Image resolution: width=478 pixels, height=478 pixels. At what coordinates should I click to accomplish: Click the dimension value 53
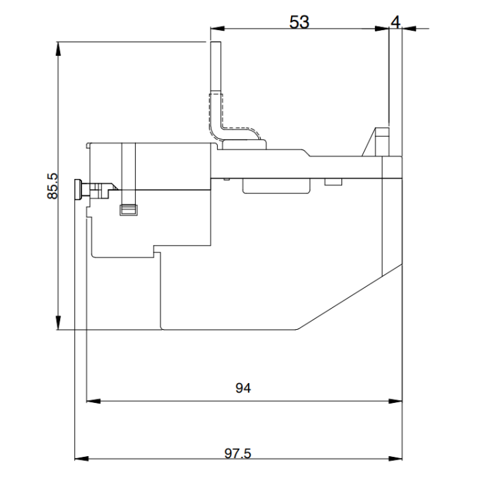tap(299, 22)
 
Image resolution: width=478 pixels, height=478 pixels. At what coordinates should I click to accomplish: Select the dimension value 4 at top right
tap(395, 21)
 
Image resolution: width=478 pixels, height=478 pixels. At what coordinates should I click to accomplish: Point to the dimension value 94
tap(243, 388)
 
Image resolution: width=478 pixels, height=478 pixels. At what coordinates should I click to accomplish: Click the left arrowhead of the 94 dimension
tap(91, 401)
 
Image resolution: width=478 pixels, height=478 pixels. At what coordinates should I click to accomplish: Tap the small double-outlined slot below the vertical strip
tap(128, 210)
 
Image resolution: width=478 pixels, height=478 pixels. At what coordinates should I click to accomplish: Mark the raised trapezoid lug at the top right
tap(378, 142)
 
